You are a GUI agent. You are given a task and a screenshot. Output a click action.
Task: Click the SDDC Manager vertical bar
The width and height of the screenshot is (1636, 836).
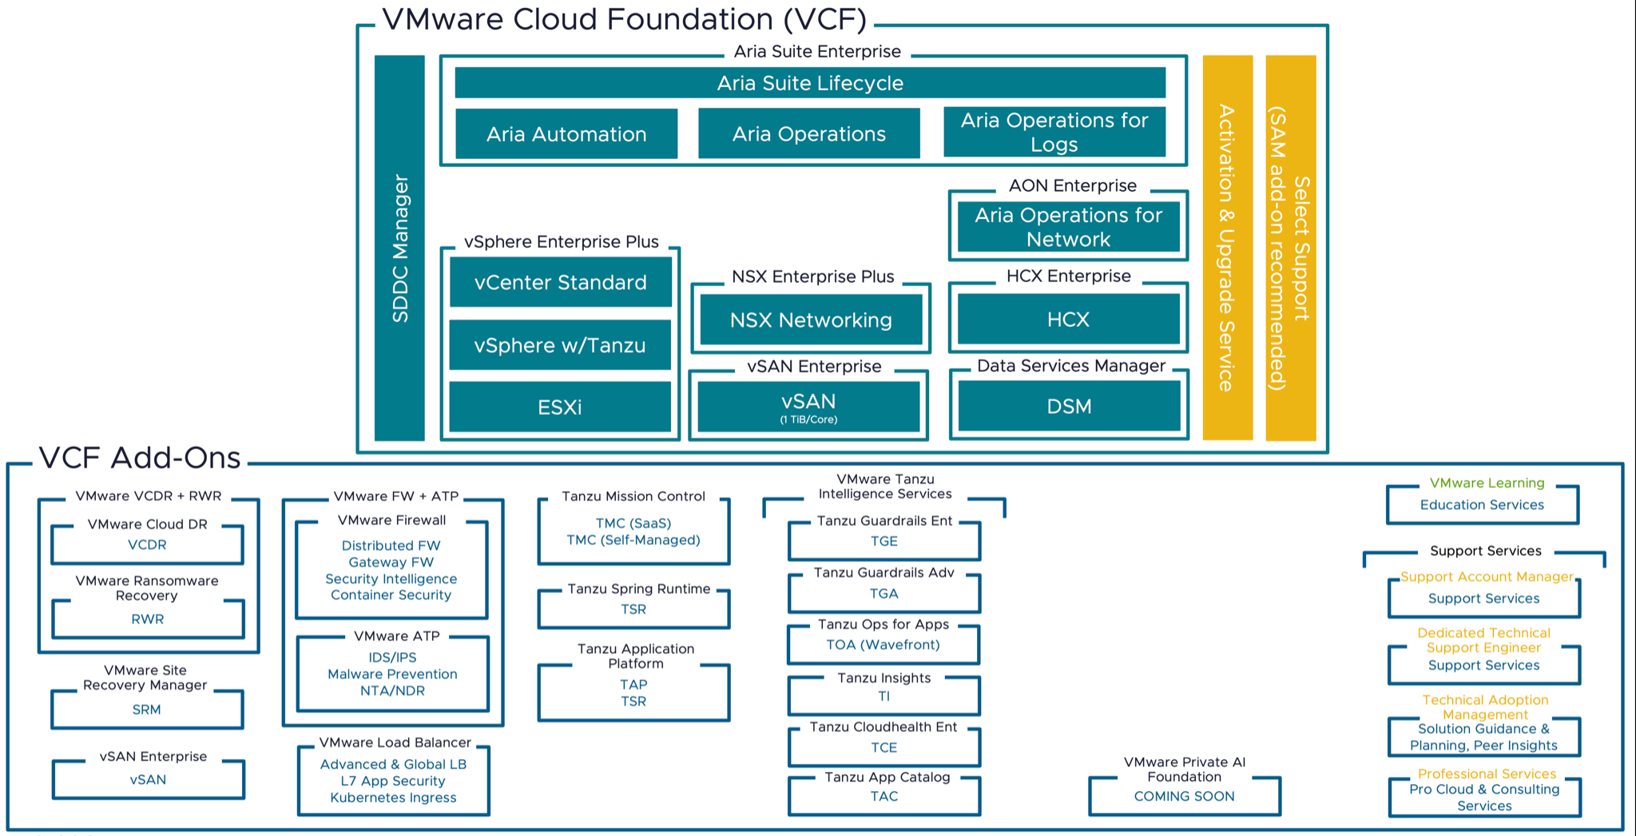pyautogui.click(x=399, y=248)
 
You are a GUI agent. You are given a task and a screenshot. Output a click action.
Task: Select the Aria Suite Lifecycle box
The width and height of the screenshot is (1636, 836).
pyautogui.click(x=809, y=83)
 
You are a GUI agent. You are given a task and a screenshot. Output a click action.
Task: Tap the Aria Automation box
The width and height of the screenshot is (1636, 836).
pyautogui.click(x=566, y=134)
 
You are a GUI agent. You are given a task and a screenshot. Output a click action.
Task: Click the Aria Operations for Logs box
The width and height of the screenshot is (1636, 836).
pyautogui.click(x=1054, y=132)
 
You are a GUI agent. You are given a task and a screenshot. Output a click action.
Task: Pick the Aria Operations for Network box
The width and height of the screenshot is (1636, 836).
pyautogui.click(x=1068, y=227)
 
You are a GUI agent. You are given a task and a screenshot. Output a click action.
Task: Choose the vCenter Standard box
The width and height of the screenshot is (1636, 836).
pyautogui.click(x=560, y=282)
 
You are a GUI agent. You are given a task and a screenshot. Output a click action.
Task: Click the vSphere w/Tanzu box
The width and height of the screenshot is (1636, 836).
pyautogui.click(x=559, y=345)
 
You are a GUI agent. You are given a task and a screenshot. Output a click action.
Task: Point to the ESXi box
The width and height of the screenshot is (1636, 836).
pyautogui.click(x=559, y=408)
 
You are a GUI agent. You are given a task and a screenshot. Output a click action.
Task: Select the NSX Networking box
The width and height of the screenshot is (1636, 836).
pyautogui.click(x=811, y=320)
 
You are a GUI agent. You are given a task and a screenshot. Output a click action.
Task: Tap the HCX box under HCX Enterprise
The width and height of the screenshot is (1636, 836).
pyautogui.click(x=1068, y=320)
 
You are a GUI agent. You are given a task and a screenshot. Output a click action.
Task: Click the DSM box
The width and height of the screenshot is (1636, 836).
pyautogui.click(x=1069, y=406)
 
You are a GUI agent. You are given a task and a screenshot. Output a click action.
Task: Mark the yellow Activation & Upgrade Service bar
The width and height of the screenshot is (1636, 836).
pyautogui.click(x=1227, y=248)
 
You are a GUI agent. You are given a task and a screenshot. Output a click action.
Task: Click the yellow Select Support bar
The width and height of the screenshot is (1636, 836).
pyautogui.click(x=1290, y=248)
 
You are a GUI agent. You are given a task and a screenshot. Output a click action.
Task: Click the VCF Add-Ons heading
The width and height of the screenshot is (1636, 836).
pyautogui.click(x=140, y=458)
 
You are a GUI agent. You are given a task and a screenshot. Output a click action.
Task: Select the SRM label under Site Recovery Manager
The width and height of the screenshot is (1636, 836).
pyautogui.click(x=147, y=710)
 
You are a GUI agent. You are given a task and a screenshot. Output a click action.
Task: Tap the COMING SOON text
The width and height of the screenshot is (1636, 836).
pyautogui.click(x=1184, y=796)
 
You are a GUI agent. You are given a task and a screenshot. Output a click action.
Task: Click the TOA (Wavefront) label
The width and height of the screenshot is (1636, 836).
pyautogui.click(x=883, y=645)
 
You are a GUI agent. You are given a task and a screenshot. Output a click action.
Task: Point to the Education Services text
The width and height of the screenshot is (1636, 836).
pyautogui.click(x=1482, y=505)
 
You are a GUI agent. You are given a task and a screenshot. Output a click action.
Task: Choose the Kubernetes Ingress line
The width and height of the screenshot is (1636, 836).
pyautogui.click(x=393, y=798)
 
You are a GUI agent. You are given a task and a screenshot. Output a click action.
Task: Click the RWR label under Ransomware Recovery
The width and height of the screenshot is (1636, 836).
pyautogui.click(x=148, y=619)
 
